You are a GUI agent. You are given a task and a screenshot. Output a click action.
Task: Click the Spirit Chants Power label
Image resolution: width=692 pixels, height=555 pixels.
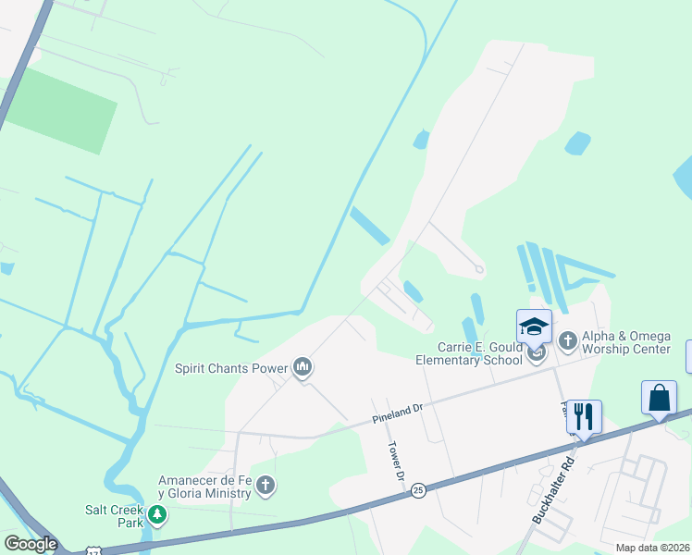point(232,368)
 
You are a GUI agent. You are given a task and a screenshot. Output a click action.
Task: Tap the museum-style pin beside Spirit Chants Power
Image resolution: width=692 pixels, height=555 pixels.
point(303,368)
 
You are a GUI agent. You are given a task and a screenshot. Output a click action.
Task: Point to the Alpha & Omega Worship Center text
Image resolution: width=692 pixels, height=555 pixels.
point(626,342)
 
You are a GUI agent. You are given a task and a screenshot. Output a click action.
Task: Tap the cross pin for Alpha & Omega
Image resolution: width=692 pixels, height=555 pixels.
point(568,341)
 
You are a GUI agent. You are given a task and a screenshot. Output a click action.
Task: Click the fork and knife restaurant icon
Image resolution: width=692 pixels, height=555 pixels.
point(584,416)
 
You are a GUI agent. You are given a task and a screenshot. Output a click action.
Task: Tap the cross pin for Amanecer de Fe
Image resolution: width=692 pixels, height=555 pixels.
point(266,485)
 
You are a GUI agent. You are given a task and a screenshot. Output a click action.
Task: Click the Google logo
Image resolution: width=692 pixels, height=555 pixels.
point(31,544)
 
